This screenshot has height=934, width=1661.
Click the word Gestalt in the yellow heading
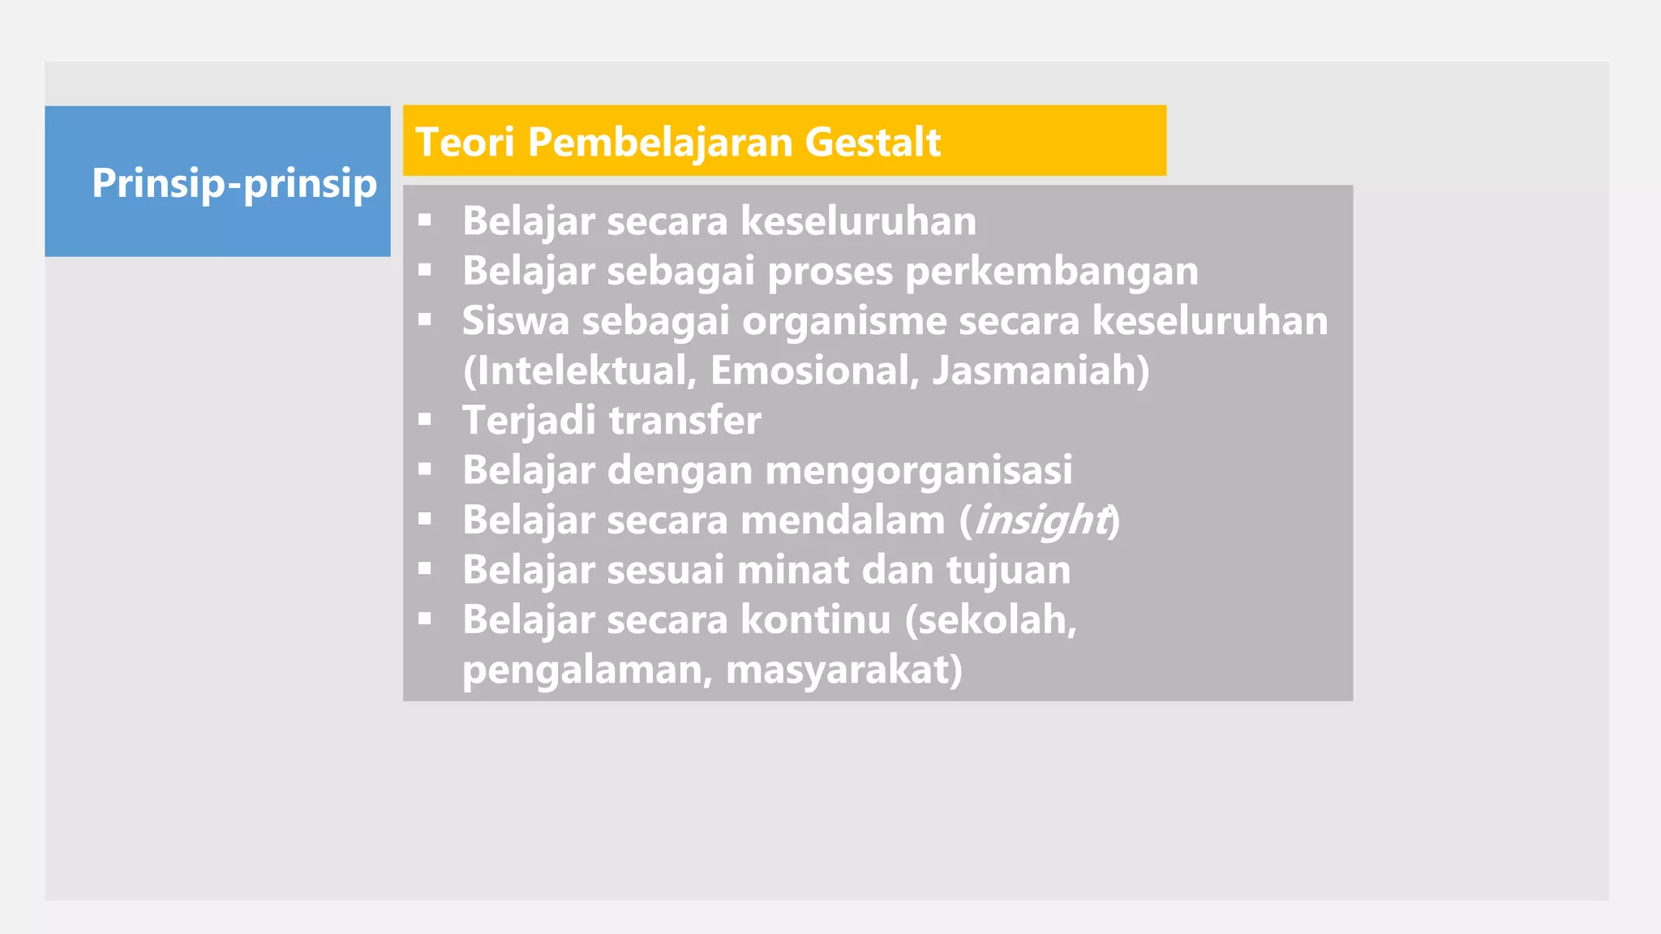point(873,142)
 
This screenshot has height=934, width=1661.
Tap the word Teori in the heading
point(466,142)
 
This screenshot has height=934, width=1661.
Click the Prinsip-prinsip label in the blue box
point(234,183)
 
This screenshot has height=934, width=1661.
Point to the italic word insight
point(1041,521)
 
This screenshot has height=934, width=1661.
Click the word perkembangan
point(1051,272)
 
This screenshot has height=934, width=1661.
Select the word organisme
point(844,322)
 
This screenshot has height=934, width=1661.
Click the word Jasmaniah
point(1040,371)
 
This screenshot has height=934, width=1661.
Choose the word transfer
point(685,421)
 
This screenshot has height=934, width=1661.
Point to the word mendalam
point(843,520)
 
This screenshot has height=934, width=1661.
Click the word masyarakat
point(843,671)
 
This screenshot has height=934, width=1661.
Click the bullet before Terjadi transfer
point(425,420)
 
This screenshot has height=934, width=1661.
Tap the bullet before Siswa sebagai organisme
point(425,320)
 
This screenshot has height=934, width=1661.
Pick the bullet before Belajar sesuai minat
point(425,569)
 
